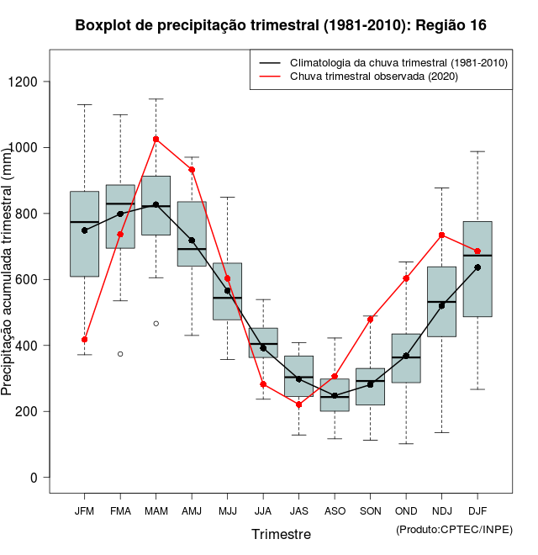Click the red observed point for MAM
[156, 139]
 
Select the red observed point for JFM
[84, 340]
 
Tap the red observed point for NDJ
[442, 235]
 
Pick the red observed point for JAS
[298, 404]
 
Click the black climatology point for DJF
[477, 267]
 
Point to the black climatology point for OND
[406, 356]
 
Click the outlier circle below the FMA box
[120, 354]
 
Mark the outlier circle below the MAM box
[156, 324]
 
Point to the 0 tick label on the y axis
[34, 478]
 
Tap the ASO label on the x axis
[335, 511]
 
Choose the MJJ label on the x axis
[227, 511]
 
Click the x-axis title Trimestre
[281, 534]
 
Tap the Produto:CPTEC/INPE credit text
[454, 529]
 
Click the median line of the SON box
[370, 381]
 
